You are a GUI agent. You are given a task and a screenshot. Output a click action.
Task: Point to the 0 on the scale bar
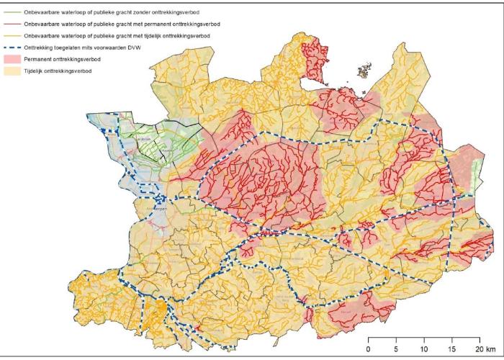click(x=369, y=348)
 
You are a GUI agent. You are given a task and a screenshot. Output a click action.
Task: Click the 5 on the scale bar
click(x=396, y=348)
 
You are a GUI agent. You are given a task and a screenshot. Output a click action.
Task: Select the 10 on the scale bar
click(x=424, y=348)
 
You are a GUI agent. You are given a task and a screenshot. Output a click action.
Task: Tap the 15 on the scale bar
click(x=452, y=348)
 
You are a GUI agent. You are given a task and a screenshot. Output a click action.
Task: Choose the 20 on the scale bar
click(x=479, y=348)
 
